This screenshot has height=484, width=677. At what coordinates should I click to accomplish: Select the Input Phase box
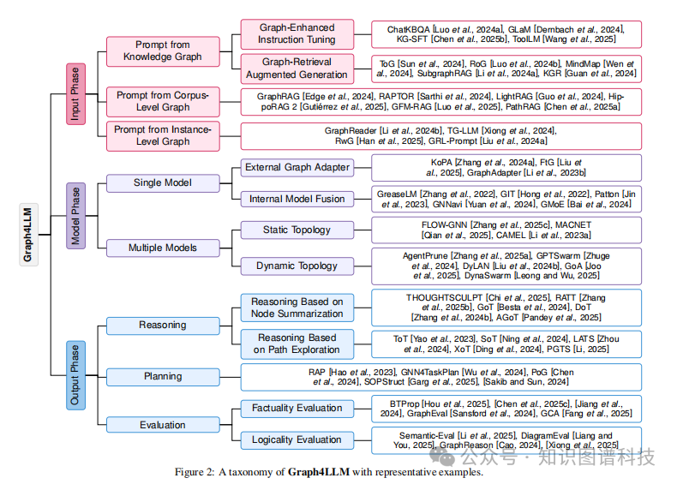[75, 93]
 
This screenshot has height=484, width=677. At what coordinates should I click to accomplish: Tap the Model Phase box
[75, 217]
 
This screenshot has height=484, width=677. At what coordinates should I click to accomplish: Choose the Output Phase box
[75, 375]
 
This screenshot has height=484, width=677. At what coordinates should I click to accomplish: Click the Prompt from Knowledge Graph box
[163, 51]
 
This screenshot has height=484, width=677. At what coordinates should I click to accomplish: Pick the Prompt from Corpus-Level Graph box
[163, 101]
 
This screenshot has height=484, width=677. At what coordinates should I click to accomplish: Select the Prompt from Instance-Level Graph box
[163, 134]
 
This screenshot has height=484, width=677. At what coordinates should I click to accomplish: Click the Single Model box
[163, 182]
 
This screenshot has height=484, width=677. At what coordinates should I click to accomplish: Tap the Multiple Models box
[163, 248]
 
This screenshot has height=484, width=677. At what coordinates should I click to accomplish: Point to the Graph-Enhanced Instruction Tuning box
[297, 34]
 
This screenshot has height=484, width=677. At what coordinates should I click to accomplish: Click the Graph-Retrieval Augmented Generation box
[297, 68]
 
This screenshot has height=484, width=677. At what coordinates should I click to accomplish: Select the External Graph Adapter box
[297, 167]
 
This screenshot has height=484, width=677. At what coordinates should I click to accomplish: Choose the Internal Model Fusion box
[297, 199]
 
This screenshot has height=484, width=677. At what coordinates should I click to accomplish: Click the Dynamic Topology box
[297, 266]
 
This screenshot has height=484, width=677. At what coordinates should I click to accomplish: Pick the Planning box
[163, 376]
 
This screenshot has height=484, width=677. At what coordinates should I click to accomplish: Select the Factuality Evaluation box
[297, 409]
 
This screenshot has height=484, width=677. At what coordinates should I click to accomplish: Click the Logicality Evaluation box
[297, 439]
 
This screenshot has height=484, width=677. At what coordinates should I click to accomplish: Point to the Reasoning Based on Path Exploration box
[297, 344]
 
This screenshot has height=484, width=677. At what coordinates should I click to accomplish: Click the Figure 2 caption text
[329, 471]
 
